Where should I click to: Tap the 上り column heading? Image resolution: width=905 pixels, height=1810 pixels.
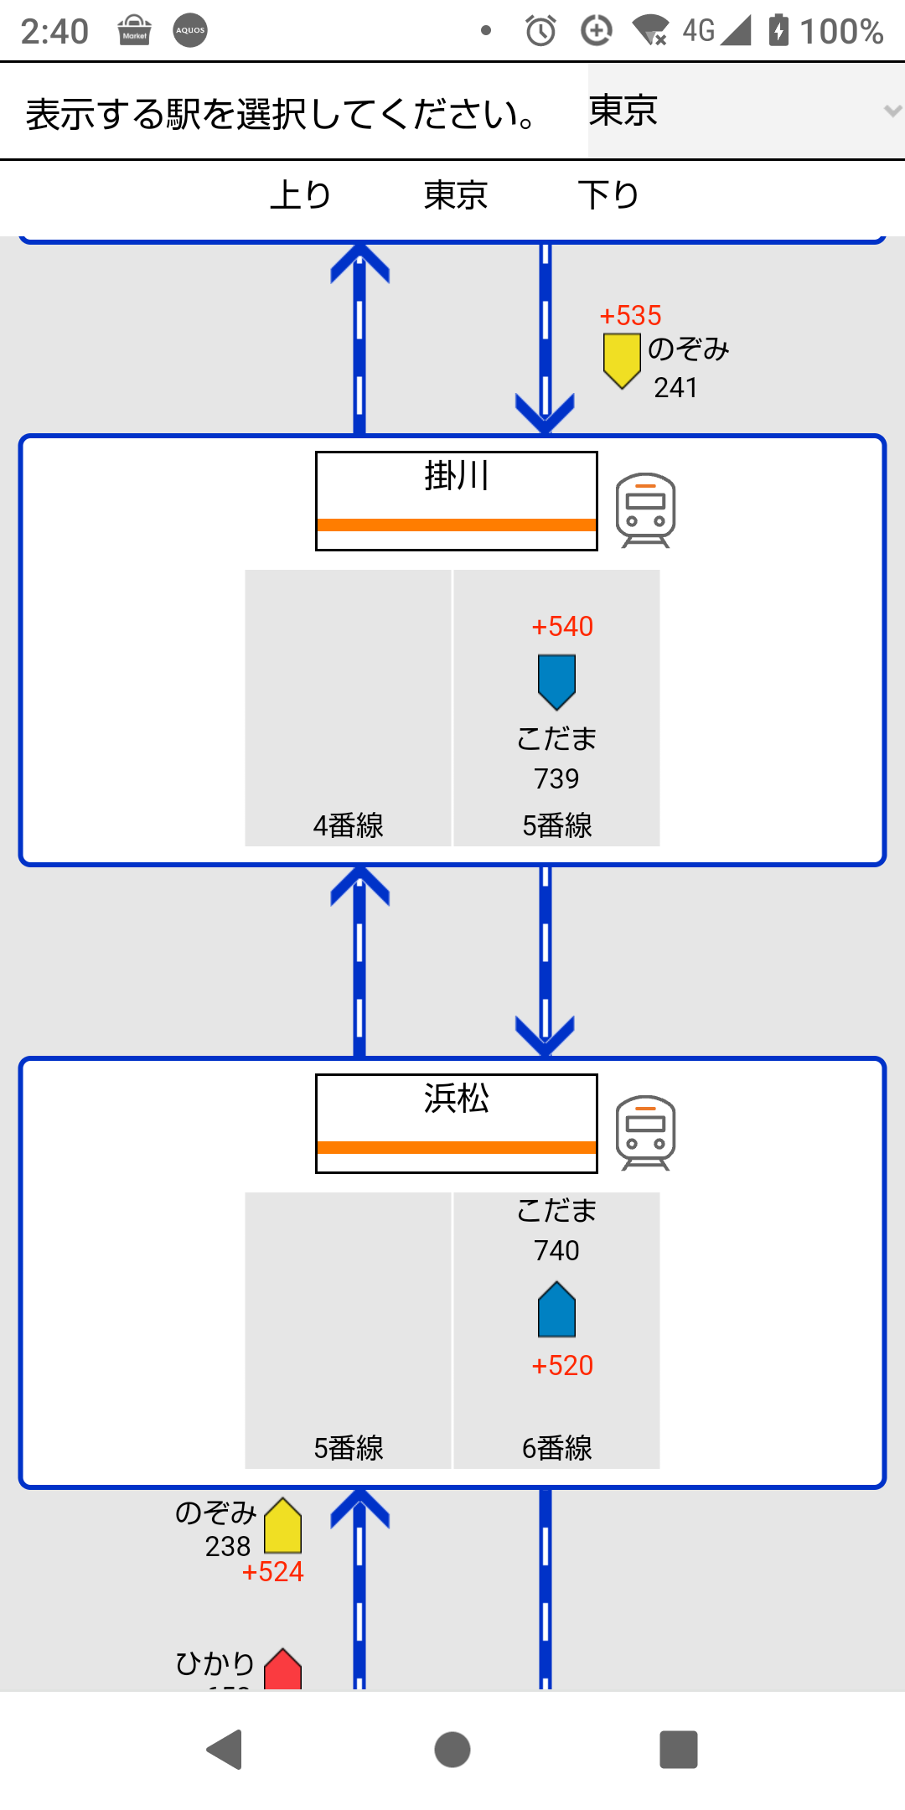click(x=301, y=195)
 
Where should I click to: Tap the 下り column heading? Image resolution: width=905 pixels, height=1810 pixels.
click(x=608, y=195)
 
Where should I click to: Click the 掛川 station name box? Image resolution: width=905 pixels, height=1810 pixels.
click(x=456, y=500)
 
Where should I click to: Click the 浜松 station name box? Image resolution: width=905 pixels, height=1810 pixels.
click(x=456, y=1123)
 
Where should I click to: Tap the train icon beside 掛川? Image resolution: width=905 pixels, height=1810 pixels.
click(x=645, y=509)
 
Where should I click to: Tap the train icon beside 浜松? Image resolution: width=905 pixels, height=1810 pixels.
click(x=645, y=1132)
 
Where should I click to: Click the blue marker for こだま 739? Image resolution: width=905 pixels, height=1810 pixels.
click(x=556, y=681)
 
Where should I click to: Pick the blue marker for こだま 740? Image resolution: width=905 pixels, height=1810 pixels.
click(x=556, y=1309)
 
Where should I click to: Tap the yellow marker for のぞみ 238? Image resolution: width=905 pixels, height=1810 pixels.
click(x=283, y=1526)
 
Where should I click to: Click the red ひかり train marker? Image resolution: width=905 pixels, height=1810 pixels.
click(x=283, y=1669)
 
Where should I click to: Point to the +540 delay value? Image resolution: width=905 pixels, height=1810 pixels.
click(x=562, y=627)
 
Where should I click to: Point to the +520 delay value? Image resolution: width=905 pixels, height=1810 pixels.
click(x=562, y=1366)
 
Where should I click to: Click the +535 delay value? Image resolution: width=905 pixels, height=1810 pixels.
click(x=630, y=316)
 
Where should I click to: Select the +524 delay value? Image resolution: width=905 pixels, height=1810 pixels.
click(x=272, y=1572)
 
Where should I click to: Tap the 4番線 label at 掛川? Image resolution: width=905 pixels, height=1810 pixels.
click(x=348, y=826)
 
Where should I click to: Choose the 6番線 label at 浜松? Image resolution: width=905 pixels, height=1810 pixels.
click(x=556, y=1448)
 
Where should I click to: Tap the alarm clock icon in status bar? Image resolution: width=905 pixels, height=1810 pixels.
click(x=540, y=31)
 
